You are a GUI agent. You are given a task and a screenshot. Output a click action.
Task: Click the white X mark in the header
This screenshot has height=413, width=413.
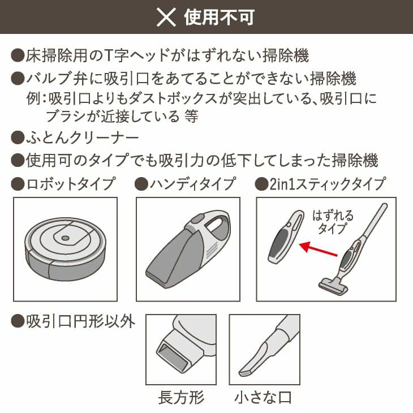166,17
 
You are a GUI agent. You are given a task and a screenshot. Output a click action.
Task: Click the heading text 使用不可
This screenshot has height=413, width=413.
219,17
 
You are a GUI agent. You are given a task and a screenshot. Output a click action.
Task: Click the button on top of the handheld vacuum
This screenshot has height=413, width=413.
197,218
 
